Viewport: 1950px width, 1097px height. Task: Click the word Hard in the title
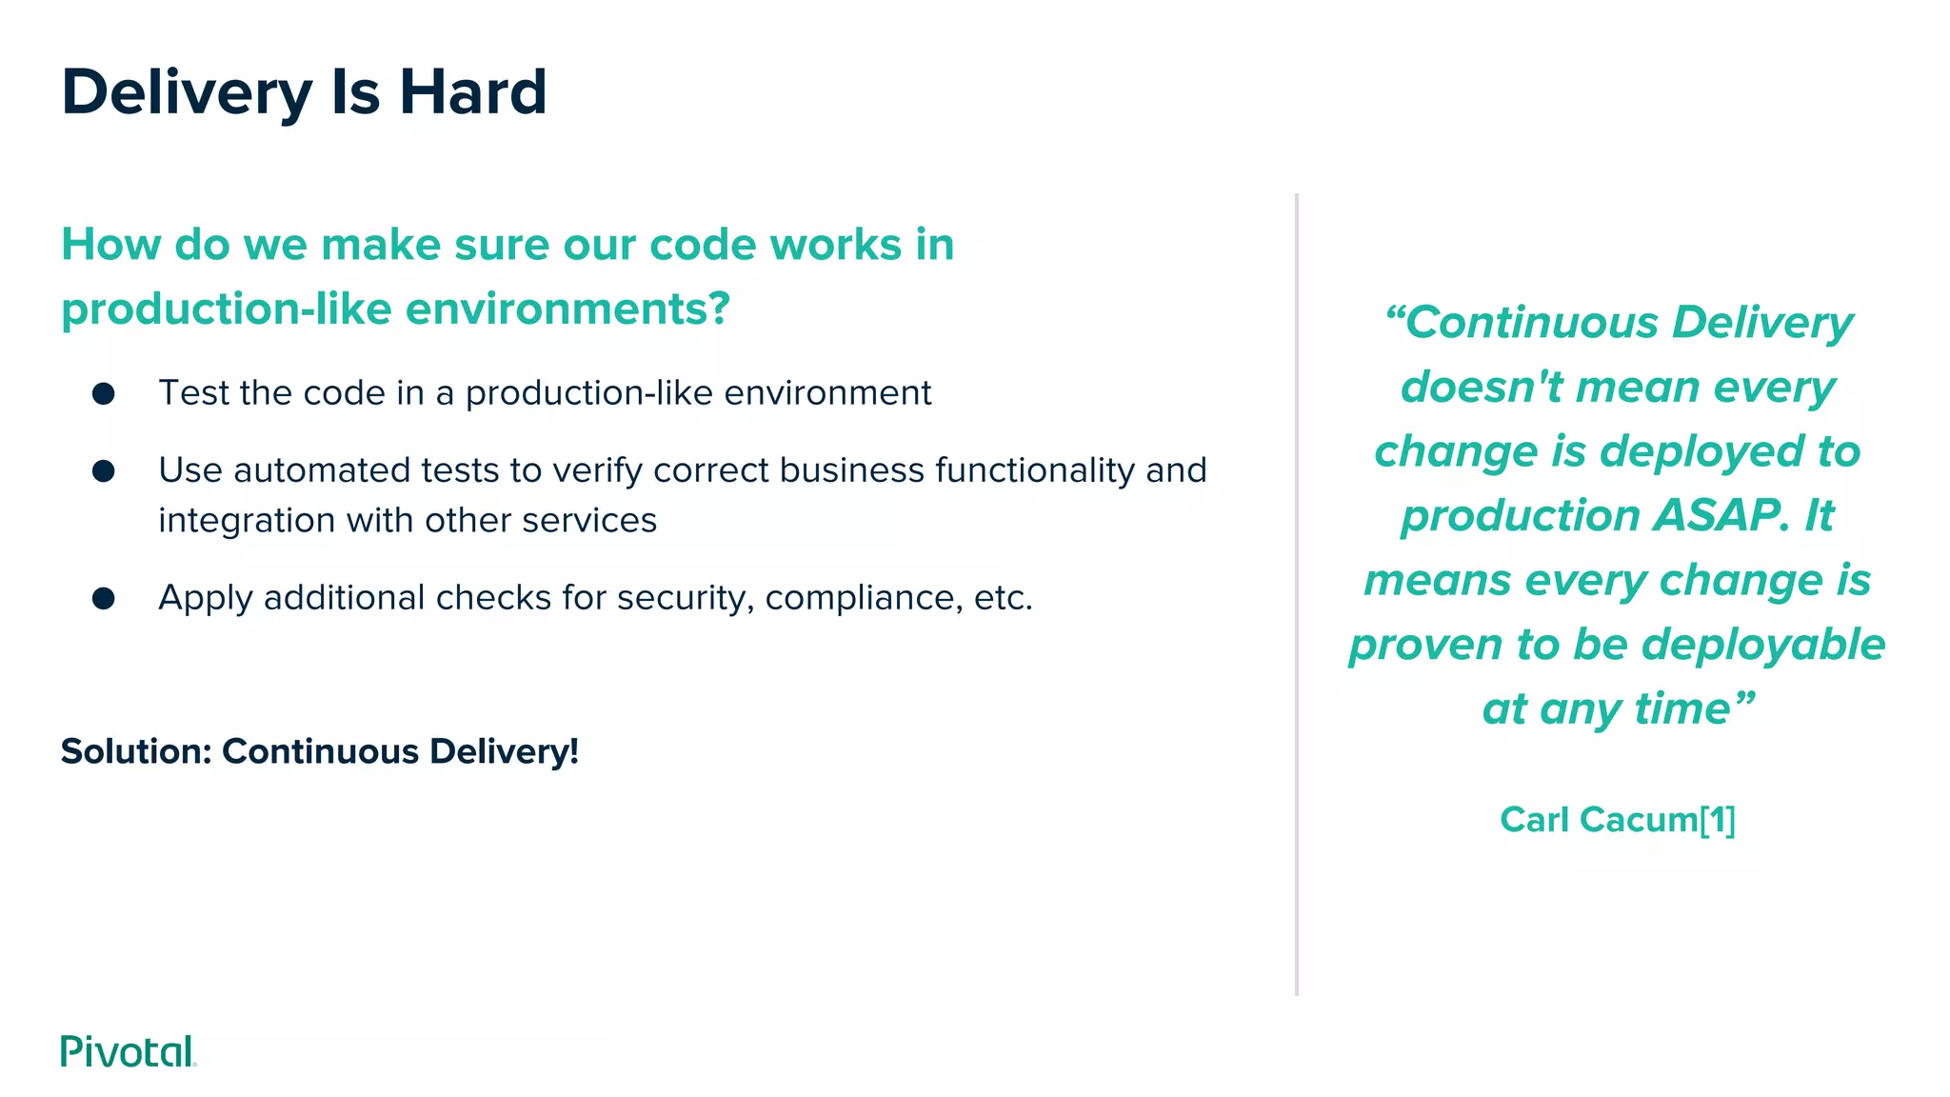coord(472,92)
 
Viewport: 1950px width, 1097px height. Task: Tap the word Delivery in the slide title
coord(187,92)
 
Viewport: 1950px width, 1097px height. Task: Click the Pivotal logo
coord(128,1051)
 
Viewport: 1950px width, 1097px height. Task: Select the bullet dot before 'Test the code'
coord(104,393)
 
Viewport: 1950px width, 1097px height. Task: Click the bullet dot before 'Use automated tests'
coord(104,470)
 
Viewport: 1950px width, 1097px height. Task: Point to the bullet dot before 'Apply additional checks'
coord(104,598)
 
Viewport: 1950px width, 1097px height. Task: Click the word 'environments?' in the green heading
coord(567,309)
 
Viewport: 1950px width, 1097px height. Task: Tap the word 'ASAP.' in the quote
coord(1721,515)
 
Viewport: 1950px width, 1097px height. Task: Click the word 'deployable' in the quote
coord(1763,645)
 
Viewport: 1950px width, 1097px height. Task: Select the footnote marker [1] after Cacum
coord(1718,820)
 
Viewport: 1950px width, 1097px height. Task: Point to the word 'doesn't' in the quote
coord(1482,387)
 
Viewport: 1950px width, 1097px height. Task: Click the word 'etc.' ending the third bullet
coord(1003,598)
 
